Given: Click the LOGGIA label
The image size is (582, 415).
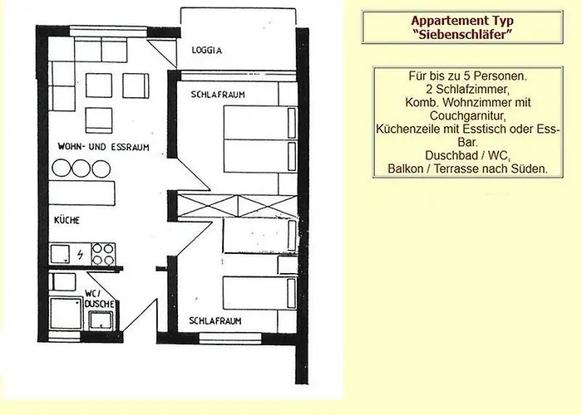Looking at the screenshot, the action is coord(206,50).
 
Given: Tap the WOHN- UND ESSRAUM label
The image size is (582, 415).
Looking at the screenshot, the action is coord(104,147).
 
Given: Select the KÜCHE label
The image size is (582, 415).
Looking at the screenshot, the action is coord(67,220).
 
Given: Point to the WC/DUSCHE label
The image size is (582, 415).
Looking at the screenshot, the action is coord(99,299).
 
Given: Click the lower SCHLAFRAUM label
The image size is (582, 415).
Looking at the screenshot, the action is coord(215,320).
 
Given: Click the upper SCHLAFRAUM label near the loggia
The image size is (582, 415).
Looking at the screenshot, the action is coord(218,95).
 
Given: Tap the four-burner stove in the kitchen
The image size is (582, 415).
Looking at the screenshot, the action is coord(103,254).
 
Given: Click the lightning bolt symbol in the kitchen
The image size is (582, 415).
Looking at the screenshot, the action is coord(80,255).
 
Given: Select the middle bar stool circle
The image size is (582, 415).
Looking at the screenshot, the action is coord(81,168).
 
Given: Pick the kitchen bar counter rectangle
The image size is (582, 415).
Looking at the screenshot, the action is coord(81,193).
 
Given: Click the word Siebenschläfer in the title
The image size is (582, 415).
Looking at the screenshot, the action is coord(462,35).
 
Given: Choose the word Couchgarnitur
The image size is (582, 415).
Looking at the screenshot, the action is coord(467,116).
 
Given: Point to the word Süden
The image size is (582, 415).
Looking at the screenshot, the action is coord(529,168).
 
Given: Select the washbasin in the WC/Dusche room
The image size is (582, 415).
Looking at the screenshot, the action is coord(101,320).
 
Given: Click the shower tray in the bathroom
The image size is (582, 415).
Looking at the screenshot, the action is coord(66,314).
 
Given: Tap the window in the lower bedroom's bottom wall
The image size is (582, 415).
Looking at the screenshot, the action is coord(230,338).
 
